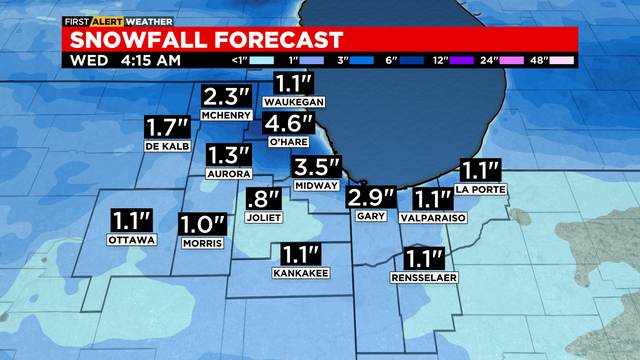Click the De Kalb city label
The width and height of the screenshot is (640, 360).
tap(167, 146)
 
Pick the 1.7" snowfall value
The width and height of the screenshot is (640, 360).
tap(167, 128)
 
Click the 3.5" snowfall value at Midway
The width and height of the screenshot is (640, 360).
tap(316, 167)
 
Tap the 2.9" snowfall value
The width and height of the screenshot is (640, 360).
tap(372, 197)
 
